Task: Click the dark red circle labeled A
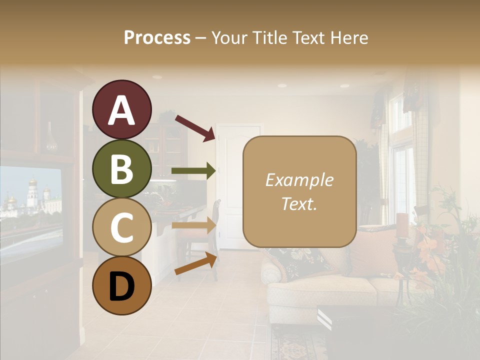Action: [122, 109]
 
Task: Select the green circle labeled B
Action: [122, 168]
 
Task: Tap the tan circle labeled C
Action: [122, 227]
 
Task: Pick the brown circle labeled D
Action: [122, 285]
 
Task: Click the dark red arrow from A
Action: [194, 127]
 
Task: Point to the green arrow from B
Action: [193, 171]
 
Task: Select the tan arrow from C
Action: [193, 225]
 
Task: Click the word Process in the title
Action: [157, 37]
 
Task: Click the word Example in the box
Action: [299, 180]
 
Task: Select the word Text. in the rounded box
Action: [299, 203]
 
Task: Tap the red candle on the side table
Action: [402, 224]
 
